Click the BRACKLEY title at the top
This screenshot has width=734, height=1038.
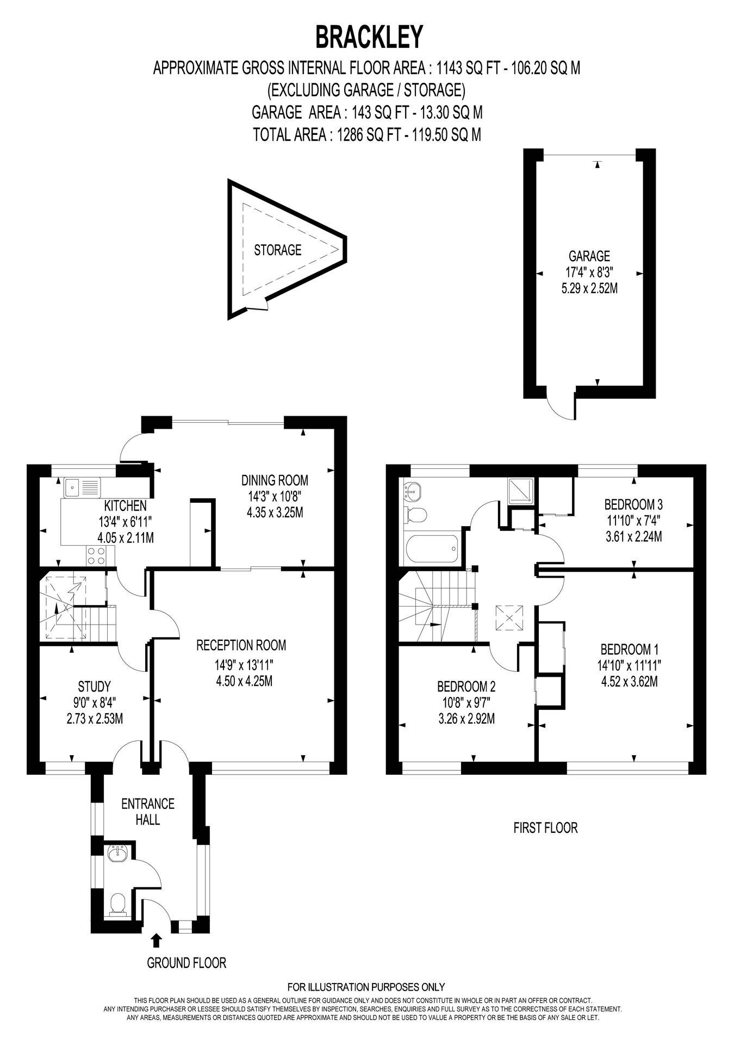(x=369, y=37)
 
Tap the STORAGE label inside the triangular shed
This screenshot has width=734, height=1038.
(x=277, y=250)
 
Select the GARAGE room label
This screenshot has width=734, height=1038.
(x=589, y=255)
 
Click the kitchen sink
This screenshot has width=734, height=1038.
(x=82, y=487)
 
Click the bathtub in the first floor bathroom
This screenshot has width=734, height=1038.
(x=432, y=550)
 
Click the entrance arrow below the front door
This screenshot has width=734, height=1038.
(x=156, y=940)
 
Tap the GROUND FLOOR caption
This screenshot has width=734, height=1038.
(x=186, y=963)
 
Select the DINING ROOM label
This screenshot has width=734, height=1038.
(x=275, y=480)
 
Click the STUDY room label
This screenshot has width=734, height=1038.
(x=94, y=685)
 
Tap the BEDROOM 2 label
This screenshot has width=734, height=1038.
(x=466, y=685)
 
